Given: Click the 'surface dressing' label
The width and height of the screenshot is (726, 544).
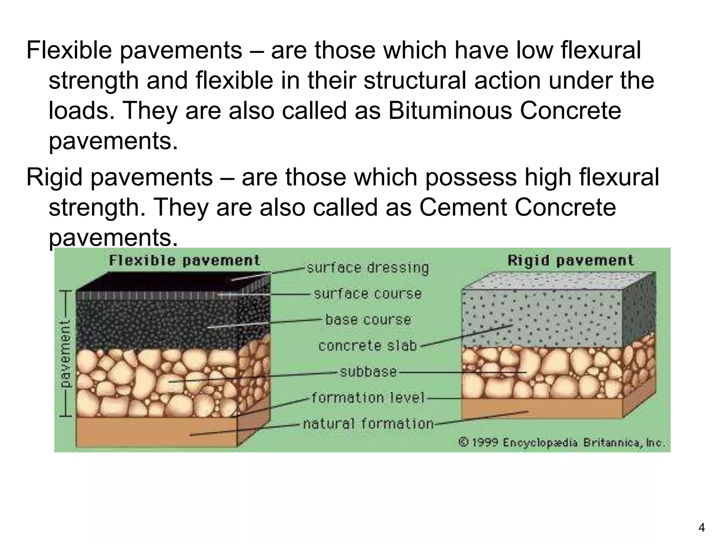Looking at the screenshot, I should click(x=368, y=268).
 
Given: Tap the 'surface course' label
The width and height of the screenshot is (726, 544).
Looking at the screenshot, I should click(x=368, y=294).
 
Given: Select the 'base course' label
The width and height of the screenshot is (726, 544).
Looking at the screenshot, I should click(x=368, y=320).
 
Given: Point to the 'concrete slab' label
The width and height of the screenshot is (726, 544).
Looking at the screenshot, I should click(x=368, y=346).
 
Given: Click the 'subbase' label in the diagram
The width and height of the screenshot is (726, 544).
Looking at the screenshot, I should click(x=368, y=372).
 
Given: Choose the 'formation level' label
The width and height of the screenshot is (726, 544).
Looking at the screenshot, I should click(x=368, y=398).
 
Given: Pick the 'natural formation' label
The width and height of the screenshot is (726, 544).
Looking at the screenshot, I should click(x=368, y=424).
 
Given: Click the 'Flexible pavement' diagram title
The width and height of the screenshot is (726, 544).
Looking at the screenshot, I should click(x=184, y=261).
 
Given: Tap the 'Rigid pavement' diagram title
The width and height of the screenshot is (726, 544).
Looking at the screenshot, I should click(x=570, y=261).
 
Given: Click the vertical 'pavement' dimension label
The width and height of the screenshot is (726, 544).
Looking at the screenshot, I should click(x=65, y=353).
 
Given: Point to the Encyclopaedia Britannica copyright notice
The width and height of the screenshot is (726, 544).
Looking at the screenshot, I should click(x=562, y=443).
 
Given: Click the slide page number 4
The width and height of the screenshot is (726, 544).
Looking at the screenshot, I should click(x=702, y=528).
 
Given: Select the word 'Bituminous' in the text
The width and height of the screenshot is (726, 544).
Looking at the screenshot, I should click(x=449, y=110).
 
